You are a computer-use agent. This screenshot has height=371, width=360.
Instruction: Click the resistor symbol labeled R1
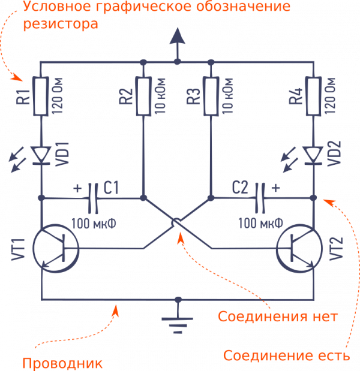click(x=41, y=96)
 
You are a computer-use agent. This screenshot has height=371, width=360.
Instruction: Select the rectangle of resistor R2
click(x=143, y=96)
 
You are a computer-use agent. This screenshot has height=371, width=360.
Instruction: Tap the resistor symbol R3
click(x=211, y=96)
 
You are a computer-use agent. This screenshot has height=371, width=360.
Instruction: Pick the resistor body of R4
click(x=314, y=96)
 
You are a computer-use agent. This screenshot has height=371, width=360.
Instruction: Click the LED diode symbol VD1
click(x=41, y=155)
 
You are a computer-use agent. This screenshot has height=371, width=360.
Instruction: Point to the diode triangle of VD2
click(x=314, y=155)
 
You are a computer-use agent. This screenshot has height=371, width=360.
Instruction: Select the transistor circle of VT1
click(x=53, y=248)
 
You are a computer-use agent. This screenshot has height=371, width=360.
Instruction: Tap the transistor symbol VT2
click(x=301, y=248)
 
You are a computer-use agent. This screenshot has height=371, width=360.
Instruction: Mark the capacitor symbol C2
click(x=260, y=197)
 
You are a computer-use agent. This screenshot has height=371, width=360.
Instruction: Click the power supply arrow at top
click(x=177, y=42)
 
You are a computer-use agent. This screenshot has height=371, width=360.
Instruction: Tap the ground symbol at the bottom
click(x=177, y=321)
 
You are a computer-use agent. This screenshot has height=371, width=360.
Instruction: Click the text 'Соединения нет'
click(x=277, y=316)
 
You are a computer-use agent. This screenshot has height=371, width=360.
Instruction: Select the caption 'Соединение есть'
click(x=286, y=355)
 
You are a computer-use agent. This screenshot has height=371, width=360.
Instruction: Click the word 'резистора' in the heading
click(x=61, y=26)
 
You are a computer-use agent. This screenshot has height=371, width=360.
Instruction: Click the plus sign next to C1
click(x=78, y=188)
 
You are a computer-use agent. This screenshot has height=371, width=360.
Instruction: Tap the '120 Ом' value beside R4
click(x=332, y=96)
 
